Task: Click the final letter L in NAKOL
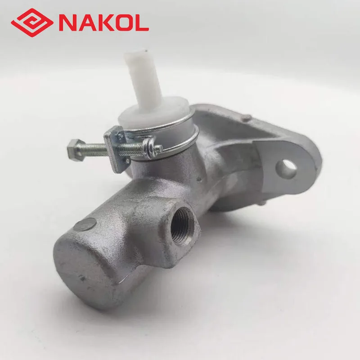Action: coord(140,22)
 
